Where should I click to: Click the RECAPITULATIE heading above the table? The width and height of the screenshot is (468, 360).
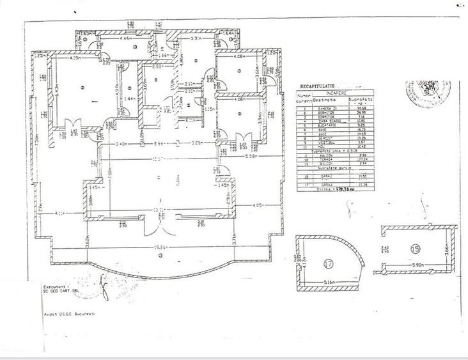[319, 85]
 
